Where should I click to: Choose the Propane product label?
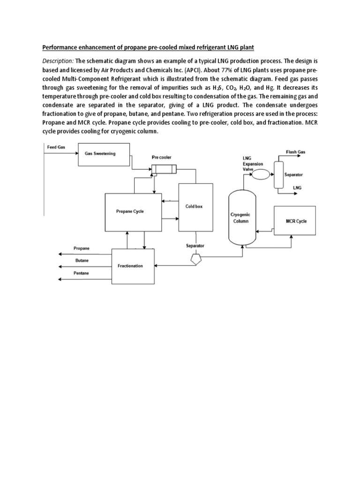[82, 248]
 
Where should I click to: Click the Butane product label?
[81, 260]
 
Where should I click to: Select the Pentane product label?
[82, 273]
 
